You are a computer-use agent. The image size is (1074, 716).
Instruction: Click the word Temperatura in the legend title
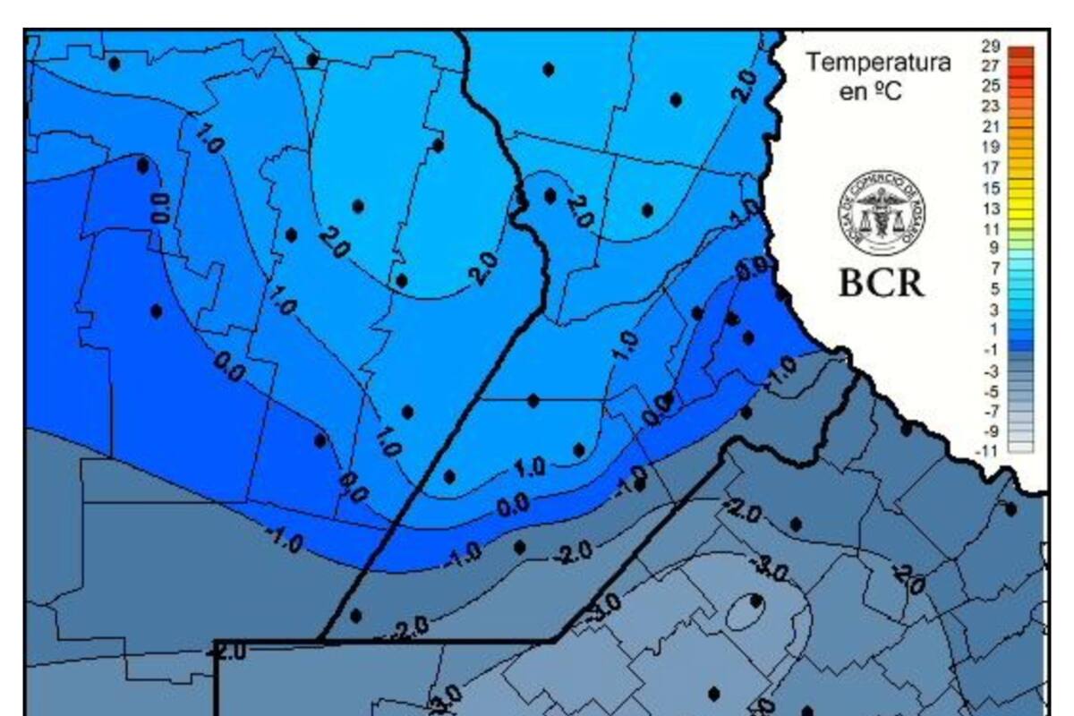click(x=878, y=64)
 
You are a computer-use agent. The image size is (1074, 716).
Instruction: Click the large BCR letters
click(x=881, y=282)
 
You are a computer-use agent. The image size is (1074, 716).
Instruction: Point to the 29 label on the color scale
click(x=990, y=47)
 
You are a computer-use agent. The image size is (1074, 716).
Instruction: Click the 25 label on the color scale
click(x=990, y=86)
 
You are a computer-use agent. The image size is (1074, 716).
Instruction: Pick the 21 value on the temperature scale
click(x=990, y=126)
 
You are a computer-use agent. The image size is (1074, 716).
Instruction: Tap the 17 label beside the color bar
click(x=990, y=166)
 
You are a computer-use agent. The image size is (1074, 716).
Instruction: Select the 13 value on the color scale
click(x=990, y=208)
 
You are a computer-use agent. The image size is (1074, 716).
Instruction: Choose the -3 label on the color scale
click(x=990, y=371)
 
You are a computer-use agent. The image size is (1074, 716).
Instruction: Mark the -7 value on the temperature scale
click(x=990, y=411)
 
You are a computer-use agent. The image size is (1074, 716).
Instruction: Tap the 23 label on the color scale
click(x=990, y=106)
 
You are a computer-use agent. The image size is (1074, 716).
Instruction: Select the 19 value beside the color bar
click(x=990, y=146)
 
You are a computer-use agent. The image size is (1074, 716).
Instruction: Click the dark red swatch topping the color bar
click(x=1020, y=52)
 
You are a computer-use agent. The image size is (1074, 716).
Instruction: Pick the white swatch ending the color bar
click(x=1020, y=447)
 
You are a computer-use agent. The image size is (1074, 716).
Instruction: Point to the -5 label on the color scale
click(x=990, y=391)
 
